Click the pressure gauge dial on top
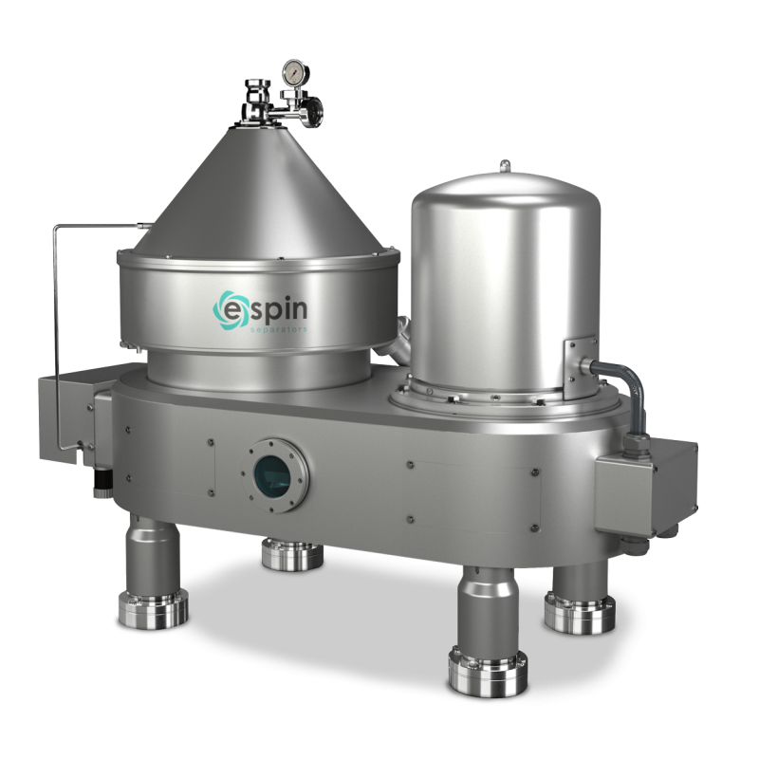pos(291,71)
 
